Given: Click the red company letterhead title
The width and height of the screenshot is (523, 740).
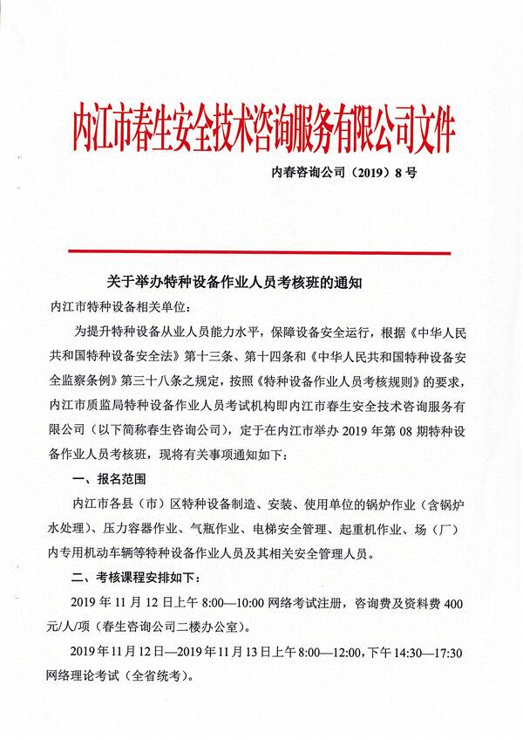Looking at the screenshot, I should (263, 128).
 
